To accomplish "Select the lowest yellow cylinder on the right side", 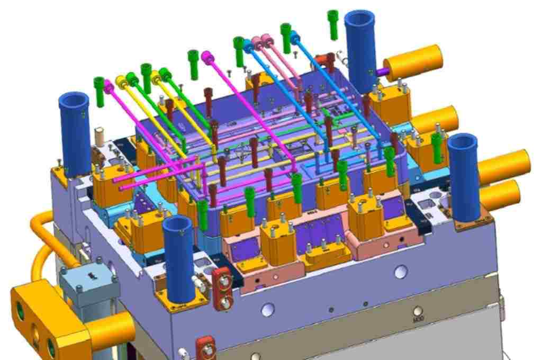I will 500,194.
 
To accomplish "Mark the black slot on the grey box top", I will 92,274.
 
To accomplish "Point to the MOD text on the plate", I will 418,320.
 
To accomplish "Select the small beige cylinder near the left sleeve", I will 98,136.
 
